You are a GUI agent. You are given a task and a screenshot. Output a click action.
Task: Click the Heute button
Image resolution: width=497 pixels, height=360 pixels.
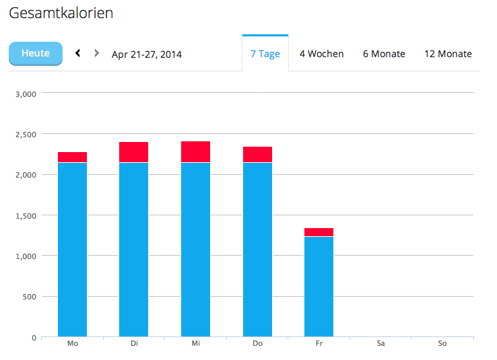coord(35,53)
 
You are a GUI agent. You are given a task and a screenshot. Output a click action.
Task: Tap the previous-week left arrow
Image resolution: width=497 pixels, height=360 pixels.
coord(78,53)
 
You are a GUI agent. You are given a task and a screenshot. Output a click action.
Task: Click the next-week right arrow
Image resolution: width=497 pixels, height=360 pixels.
coord(97,53)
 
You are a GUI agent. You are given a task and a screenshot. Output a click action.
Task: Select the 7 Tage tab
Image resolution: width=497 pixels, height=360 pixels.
coord(265,54)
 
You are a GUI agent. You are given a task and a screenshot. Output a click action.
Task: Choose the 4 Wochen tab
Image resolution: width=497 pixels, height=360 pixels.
coord(321,54)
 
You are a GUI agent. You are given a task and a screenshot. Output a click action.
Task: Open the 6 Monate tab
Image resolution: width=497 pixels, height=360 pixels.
coord(384,54)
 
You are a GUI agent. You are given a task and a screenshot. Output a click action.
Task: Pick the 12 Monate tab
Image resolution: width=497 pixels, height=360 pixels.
coord(448,54)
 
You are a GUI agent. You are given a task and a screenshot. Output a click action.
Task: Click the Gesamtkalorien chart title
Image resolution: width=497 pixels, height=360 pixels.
coord(61,13)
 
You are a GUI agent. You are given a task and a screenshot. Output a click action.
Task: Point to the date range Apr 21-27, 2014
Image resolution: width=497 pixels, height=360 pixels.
coord(147,55)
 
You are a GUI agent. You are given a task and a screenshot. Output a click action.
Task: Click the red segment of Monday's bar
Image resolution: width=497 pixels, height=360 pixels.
coord(72,157)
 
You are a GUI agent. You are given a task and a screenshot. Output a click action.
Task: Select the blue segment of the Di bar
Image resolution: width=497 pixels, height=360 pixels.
coord(133,249)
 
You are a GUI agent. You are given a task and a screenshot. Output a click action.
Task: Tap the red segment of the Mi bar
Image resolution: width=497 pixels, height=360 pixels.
coord(195,152)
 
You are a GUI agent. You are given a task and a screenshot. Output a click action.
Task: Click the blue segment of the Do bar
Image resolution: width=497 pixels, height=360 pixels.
coord(257,249)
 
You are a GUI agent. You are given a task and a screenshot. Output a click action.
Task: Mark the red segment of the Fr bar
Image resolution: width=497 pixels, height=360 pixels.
coord(319,232)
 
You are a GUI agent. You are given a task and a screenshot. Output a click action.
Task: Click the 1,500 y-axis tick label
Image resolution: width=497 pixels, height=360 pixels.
coord(24,216)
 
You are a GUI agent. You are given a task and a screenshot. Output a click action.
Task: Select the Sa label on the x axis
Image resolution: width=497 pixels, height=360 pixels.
coord(380,344)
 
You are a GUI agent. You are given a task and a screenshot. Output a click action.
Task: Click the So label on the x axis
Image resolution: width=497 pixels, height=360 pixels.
coord(442,344)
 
